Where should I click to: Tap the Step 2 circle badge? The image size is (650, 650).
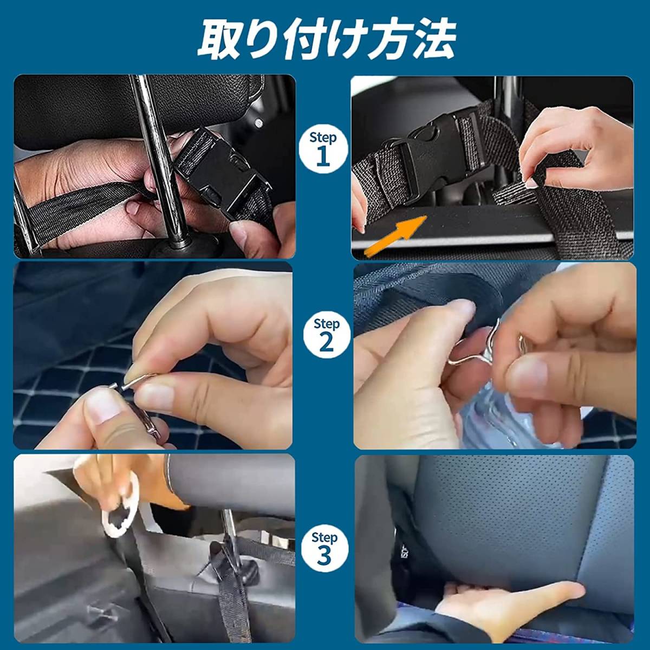[325, 337]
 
